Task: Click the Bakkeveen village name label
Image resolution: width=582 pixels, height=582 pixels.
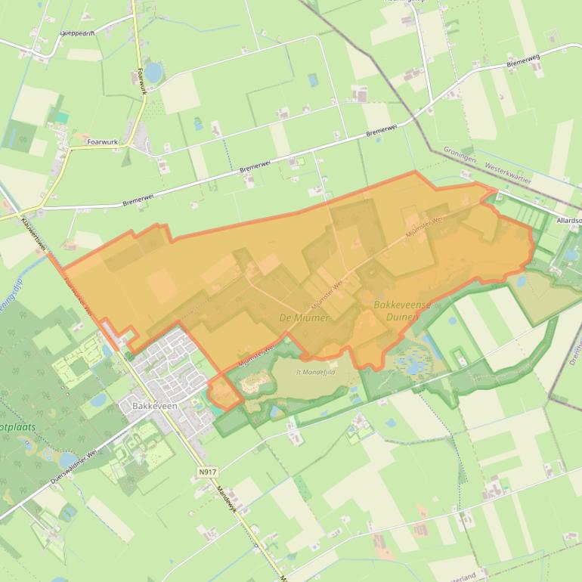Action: coord(154,406)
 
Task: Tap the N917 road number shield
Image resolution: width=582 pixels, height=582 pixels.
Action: coord(207,472)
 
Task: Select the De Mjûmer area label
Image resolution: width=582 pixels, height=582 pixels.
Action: coord(304,317)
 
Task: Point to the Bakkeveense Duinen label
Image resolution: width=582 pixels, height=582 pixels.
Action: coord(401,311)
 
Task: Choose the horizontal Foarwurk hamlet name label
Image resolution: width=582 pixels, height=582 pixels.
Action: coord(103,141)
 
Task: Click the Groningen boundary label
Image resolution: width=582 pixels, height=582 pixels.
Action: coord(460,160)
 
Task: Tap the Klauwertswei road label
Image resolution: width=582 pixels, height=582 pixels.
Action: coord(35,234)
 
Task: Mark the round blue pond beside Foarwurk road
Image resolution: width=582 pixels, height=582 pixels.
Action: coord(153,72)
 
